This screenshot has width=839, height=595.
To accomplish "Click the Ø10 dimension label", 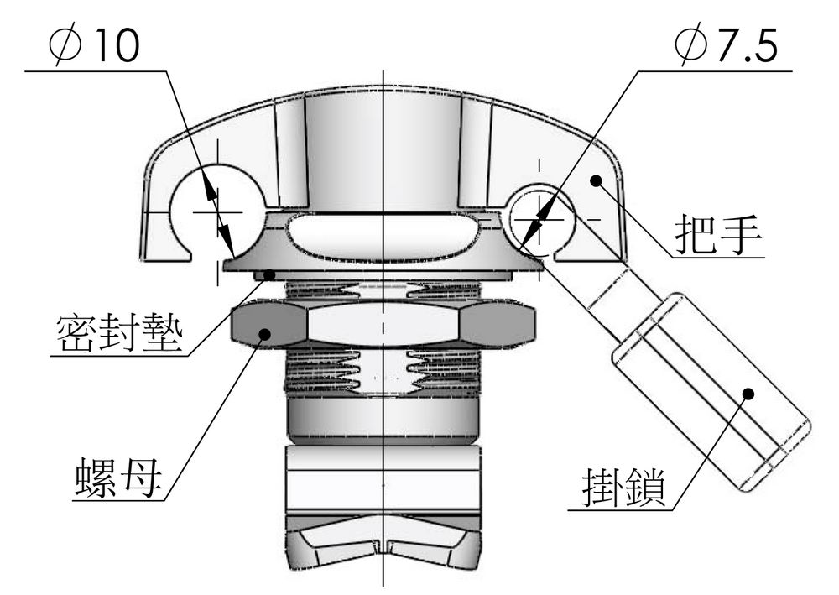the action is click(x=94, y=45).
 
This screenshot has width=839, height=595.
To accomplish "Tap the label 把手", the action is click(x=717, y=234).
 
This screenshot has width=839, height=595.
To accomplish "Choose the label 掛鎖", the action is click(x=624, y=488).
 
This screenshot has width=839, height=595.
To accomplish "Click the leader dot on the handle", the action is click(x=596, y=180).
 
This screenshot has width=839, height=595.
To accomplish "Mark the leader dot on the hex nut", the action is click(x=264, y=334).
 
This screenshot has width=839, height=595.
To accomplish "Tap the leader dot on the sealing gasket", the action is click(x=270, y=275).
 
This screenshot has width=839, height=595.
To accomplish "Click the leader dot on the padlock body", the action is click(x=748, y=394).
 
